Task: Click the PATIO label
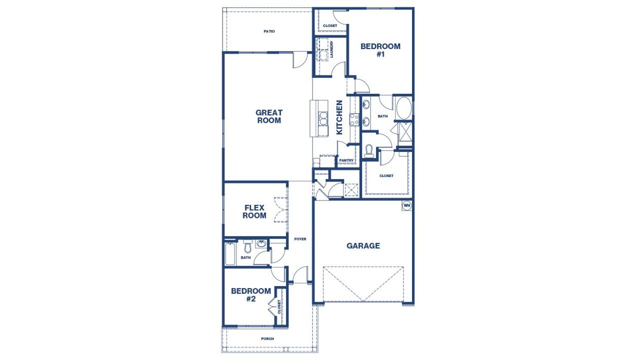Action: click(x=269, y=31)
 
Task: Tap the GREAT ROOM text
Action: click(x=269, y=116)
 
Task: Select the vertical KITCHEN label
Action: click(x=339, y=117)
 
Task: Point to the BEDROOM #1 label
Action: click(x=380, y=50)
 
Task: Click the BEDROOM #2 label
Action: click(x=251, y=294)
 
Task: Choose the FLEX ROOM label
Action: click(x=254, y=211)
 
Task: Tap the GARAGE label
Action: click(x=363, y=245)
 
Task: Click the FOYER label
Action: click(x=300, y=239)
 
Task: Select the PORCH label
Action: click(x=267, y=338)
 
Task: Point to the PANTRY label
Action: click(x=346, y=160)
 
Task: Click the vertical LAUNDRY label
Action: click(x=331, y=49)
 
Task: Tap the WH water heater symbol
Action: click(x=406, y=205)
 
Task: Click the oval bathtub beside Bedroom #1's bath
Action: click(x=403, y=107)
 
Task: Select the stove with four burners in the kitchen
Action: click(x=354, y=119)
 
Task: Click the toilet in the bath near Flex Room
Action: click(x=247, y=247)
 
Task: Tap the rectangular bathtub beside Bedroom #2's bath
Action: click(x=230, y=254)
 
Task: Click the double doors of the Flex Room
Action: click(x=281, y=209)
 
